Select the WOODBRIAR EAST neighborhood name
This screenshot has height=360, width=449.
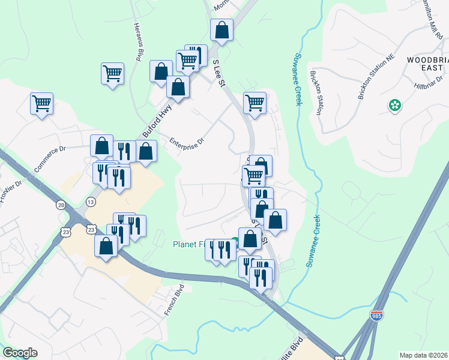pyautogui.click(x=427, y=64)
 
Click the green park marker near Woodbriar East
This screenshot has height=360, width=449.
pyautogui.click(x=395, y=106)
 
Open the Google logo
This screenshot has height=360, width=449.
pyautogui.click(x=20, y=353)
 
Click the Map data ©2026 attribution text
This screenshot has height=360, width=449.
pyautogui.click(x=423, y=355)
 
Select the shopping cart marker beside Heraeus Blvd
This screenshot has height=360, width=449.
pyautogui.click(x=112, y=73)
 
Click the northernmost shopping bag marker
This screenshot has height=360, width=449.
pyautogui.click(x=221, y=29)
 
